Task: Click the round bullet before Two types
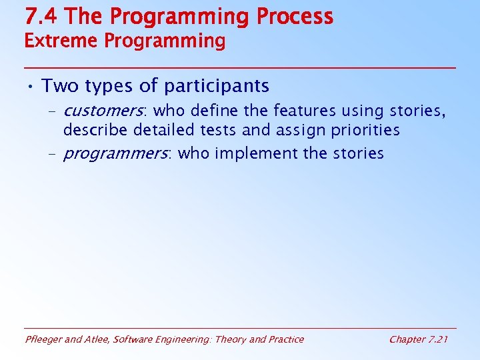coord(30,87)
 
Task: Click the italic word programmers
coord(116,154)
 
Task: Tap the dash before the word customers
coord(52,111)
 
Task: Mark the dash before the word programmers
coord(52,154)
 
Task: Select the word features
coord(305,111)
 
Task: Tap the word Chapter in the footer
coord(406,339)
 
